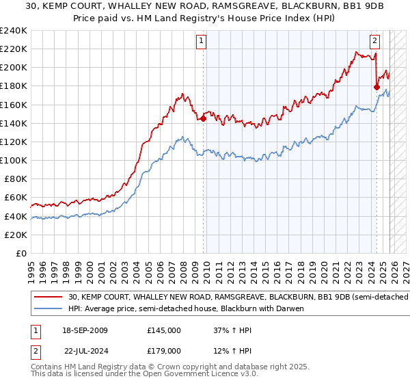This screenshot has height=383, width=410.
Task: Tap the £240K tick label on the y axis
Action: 14,31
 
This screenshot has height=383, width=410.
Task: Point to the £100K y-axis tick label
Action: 14,161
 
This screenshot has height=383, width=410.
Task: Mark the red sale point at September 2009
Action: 203,119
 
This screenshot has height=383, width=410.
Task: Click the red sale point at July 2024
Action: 377,87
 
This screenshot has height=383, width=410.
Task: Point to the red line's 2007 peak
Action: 182,94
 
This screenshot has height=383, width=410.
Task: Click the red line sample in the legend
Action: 49,298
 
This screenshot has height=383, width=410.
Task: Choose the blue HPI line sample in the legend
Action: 49,308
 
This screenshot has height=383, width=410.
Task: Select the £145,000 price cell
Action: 163,330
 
